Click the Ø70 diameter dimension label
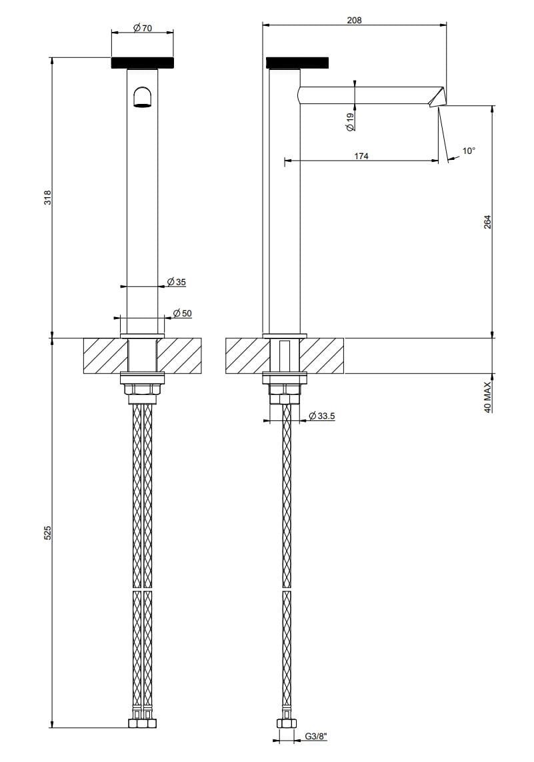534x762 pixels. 143,28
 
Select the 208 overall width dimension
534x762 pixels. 354,20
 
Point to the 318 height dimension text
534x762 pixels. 47,197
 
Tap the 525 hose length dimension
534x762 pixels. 47,533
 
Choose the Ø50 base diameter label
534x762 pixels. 182,313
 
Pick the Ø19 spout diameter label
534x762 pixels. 350,121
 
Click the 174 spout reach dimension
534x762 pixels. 361,156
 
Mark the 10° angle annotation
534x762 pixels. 469,151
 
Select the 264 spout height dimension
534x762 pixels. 487,221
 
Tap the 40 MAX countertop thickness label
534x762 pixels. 487,398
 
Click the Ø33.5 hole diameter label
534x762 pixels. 322,417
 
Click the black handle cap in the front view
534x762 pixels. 143,63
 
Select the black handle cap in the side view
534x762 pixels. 298,63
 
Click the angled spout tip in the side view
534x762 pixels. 437,97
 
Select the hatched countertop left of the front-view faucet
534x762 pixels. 104,356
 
